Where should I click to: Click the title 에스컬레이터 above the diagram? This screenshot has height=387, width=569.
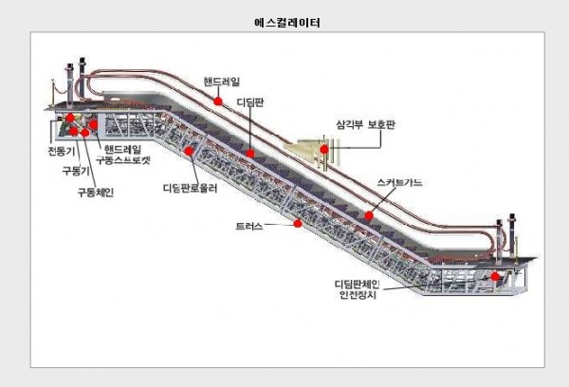[287, 23]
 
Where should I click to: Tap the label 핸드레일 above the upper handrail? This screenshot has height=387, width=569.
[222, 82]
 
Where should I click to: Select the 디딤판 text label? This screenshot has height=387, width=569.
[250, 102]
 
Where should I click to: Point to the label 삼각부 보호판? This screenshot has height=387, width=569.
[365, 125]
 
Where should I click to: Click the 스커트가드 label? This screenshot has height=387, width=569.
[399, 182]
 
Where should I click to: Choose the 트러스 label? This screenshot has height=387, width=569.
[249, 226]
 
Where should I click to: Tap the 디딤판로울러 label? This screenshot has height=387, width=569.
[190, 188]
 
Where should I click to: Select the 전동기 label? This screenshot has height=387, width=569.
[62, 151]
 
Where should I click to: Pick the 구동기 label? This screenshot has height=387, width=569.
[76, 171]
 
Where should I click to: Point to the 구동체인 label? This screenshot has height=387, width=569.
[96, 192]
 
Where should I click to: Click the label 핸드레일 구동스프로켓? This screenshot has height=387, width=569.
[122, 155]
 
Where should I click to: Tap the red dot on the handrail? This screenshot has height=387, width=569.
[218, 101]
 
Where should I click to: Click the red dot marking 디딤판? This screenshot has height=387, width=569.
[250, 154]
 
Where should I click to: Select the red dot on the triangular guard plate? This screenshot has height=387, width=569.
[324, 149]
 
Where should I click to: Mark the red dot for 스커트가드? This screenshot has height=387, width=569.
[369, 215]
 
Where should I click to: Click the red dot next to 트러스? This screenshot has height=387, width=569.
[298, 223]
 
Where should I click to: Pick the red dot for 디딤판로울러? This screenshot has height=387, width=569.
[189, 151]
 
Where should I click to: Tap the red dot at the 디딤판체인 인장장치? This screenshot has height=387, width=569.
[495, 276]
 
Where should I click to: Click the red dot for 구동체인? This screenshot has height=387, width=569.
[85, 133]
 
